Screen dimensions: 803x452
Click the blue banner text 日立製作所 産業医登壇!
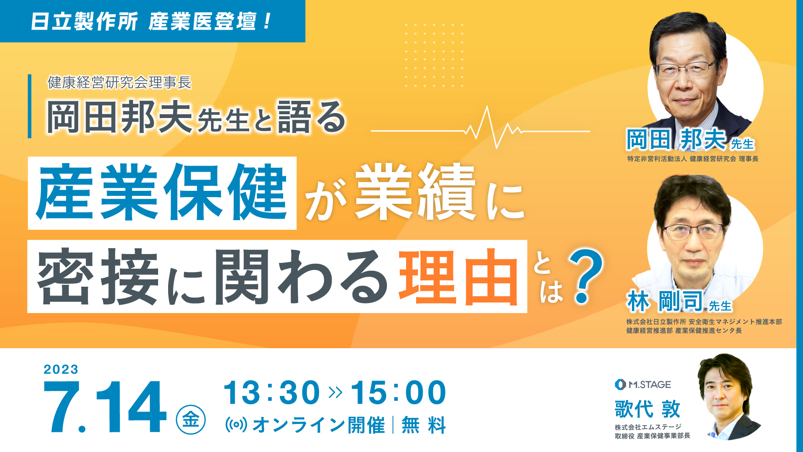click(151, 21)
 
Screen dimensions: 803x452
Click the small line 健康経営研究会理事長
click(119, 82)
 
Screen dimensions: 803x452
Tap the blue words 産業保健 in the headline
click(162, 193)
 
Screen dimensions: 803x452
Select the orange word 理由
click(459, 277)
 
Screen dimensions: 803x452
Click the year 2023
click(61, 369)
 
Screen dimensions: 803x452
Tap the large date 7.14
click(105, 407)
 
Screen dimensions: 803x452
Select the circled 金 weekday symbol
click(191, 419)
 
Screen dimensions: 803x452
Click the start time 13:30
click(272, 393)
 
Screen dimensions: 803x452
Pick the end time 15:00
click(399, 393)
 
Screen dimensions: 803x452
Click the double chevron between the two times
click(335, 393)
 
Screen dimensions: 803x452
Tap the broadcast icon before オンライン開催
click(236, 425)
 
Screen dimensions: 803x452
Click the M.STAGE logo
click(643, 384)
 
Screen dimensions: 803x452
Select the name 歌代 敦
click(647, 409)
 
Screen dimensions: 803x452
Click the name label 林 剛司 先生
click(679, 301)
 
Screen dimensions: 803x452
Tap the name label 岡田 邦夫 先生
click(690, 139)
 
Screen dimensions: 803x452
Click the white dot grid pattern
click(434, 55)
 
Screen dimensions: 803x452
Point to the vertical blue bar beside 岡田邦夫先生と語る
click(30, 106)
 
